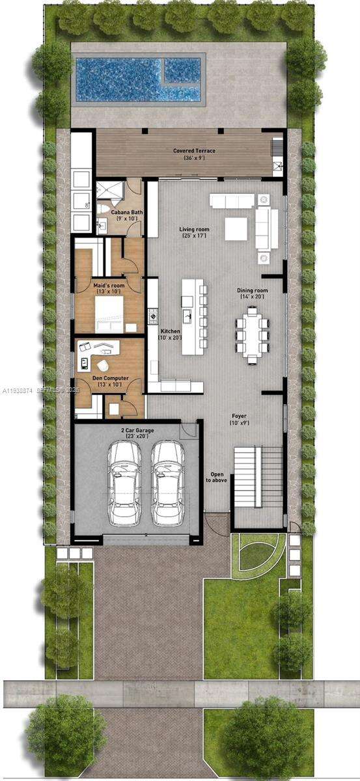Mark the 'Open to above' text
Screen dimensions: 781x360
tap(216, 477)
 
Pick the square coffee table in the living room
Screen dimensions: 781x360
tap(236, 228)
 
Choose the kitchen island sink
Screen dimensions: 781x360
tap(188, 318)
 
